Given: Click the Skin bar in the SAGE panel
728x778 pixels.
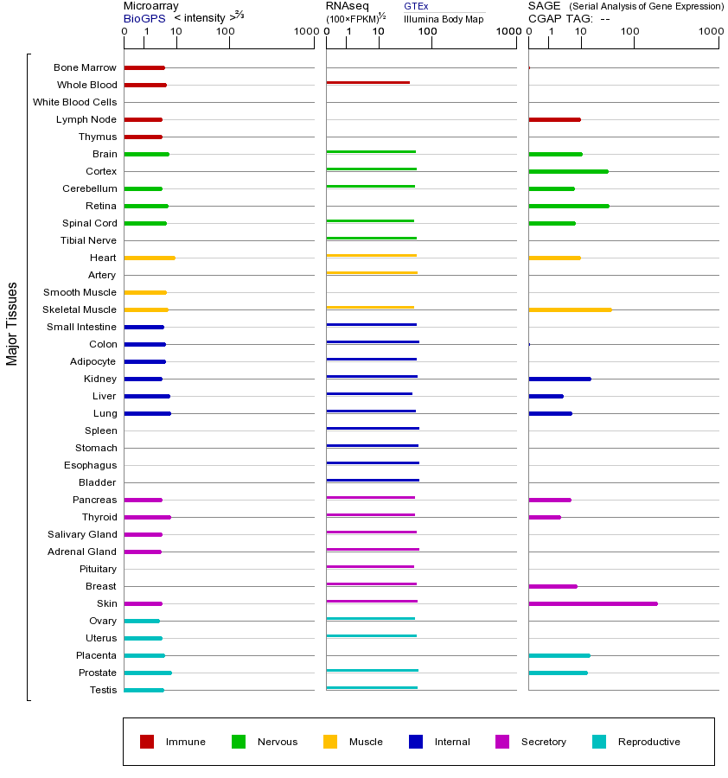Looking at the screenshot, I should (x=592, y=603).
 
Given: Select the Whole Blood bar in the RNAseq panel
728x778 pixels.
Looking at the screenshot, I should (x=367, y=83).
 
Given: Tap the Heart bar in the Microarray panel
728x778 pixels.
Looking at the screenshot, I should (x=150, y=258).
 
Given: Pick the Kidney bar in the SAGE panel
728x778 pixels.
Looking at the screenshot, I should (x=559, y=379).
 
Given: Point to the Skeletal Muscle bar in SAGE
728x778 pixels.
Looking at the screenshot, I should (x=570, y=309).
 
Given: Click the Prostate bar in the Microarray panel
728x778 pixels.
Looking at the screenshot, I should (x=148, y=673).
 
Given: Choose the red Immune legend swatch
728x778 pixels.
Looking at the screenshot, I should (x=147, y=742).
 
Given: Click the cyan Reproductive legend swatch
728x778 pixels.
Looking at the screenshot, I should (x=599, y=742).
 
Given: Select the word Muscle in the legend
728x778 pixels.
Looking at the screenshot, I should (x=366, y=742).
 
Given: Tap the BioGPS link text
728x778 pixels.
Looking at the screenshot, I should (x=144, y=18).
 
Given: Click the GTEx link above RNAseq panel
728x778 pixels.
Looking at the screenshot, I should (x=416, y=6).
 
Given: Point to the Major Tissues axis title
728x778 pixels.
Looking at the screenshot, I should (x=12, y=323).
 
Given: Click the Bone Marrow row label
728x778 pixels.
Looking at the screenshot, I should (x=85, y=67).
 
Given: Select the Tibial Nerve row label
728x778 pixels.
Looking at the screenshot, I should (x=88, y=240).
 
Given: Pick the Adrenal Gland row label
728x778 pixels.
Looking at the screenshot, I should (x=82, y=552).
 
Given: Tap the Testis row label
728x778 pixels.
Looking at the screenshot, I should (x=103, y=690).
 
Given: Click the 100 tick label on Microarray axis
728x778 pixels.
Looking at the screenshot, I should (x=225, y=32).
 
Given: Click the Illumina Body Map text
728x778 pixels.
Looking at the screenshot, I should (x=444, y=18).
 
